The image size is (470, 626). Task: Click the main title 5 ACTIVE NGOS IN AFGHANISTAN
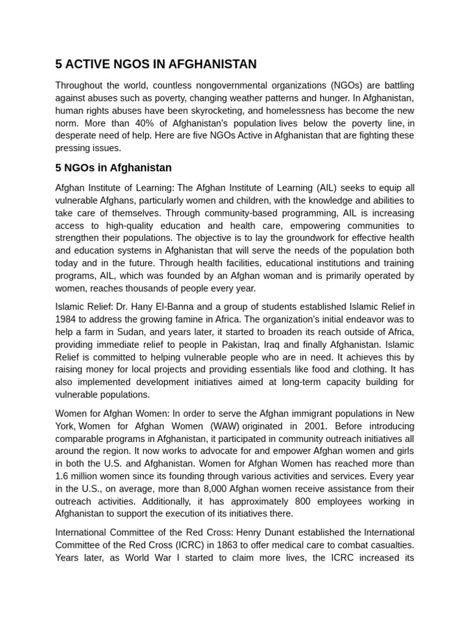tap(155, 64)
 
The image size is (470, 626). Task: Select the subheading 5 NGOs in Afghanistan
tap(113, 168)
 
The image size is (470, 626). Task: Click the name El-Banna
tap(160, 306)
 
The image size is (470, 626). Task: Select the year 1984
tap(66, 319)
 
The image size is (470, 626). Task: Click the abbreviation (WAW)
tap(217, 425)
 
